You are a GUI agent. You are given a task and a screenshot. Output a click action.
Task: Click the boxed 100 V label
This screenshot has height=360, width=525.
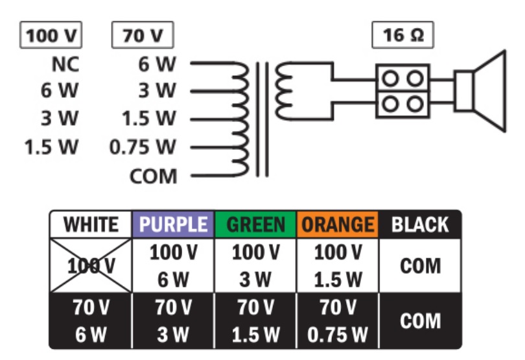(51, 35)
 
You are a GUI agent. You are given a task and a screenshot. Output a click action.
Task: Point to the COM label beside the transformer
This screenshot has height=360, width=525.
(153, 175)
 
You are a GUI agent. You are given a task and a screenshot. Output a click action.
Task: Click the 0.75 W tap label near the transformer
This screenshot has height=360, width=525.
(143, 147)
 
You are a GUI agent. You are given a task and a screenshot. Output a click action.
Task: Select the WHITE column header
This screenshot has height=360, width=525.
(91, 225)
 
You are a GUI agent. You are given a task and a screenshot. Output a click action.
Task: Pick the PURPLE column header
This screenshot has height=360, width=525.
(173, 225)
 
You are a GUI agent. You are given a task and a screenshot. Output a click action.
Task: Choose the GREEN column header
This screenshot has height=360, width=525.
(255, 225)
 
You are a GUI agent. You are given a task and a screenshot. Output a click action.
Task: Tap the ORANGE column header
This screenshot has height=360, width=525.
(338, 225)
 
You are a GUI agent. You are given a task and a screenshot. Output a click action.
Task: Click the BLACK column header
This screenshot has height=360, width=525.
(420, 225)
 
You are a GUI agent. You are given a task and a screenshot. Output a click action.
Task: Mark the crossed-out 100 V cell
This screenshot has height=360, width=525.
(91, 265)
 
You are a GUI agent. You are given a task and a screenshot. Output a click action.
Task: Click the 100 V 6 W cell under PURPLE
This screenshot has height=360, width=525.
(173, 265)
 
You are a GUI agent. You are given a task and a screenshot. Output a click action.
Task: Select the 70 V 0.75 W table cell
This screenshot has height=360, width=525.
(338, 320)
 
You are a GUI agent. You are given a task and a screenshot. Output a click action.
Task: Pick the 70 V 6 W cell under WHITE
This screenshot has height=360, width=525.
(91, 320)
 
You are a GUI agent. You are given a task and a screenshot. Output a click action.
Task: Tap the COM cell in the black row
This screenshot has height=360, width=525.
(420, 320)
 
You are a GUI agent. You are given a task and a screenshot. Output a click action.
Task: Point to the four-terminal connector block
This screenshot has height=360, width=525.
(402, 91)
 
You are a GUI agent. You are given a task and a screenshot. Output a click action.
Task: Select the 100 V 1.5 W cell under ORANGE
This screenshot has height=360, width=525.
(338, 265)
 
